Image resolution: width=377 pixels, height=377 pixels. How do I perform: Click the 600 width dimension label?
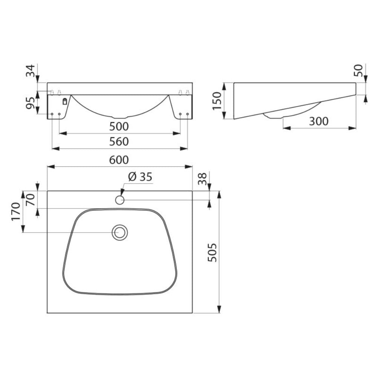[119, 160]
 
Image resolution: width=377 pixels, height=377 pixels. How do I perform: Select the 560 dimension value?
[119, 142]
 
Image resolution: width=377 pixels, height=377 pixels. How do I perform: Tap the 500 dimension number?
[119, 126]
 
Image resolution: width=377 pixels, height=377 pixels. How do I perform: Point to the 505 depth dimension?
[212, 253]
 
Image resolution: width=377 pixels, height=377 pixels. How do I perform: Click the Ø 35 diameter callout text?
[140, 176]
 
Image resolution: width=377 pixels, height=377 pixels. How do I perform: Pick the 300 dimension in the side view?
[319, 121]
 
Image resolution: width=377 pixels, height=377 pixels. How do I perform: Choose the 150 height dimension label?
[216, 101]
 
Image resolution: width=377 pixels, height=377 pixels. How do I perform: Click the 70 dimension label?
[31, 199]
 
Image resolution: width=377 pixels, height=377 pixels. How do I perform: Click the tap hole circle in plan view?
[120, 200]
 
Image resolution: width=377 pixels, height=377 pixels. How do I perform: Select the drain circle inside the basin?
[120, 232]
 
